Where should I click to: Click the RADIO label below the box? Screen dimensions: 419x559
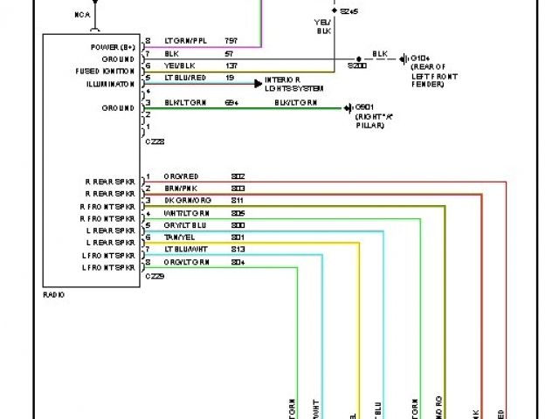[x=53, y=295]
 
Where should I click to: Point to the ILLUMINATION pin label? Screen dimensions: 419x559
[x=110, y=84]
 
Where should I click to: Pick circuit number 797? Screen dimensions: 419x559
[x=231, y=40]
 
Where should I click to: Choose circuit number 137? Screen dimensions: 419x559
[x=231, y=65]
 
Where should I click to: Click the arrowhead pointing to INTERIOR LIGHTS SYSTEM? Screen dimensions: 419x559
[x=259, y=84]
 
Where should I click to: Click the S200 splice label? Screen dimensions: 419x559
[x=357, y=65]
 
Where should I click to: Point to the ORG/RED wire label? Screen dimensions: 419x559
[x=181, y=176]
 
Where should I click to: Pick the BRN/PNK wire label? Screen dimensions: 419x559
[x=181, y=189]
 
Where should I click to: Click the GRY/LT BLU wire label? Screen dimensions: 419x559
[x=184, y=225]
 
